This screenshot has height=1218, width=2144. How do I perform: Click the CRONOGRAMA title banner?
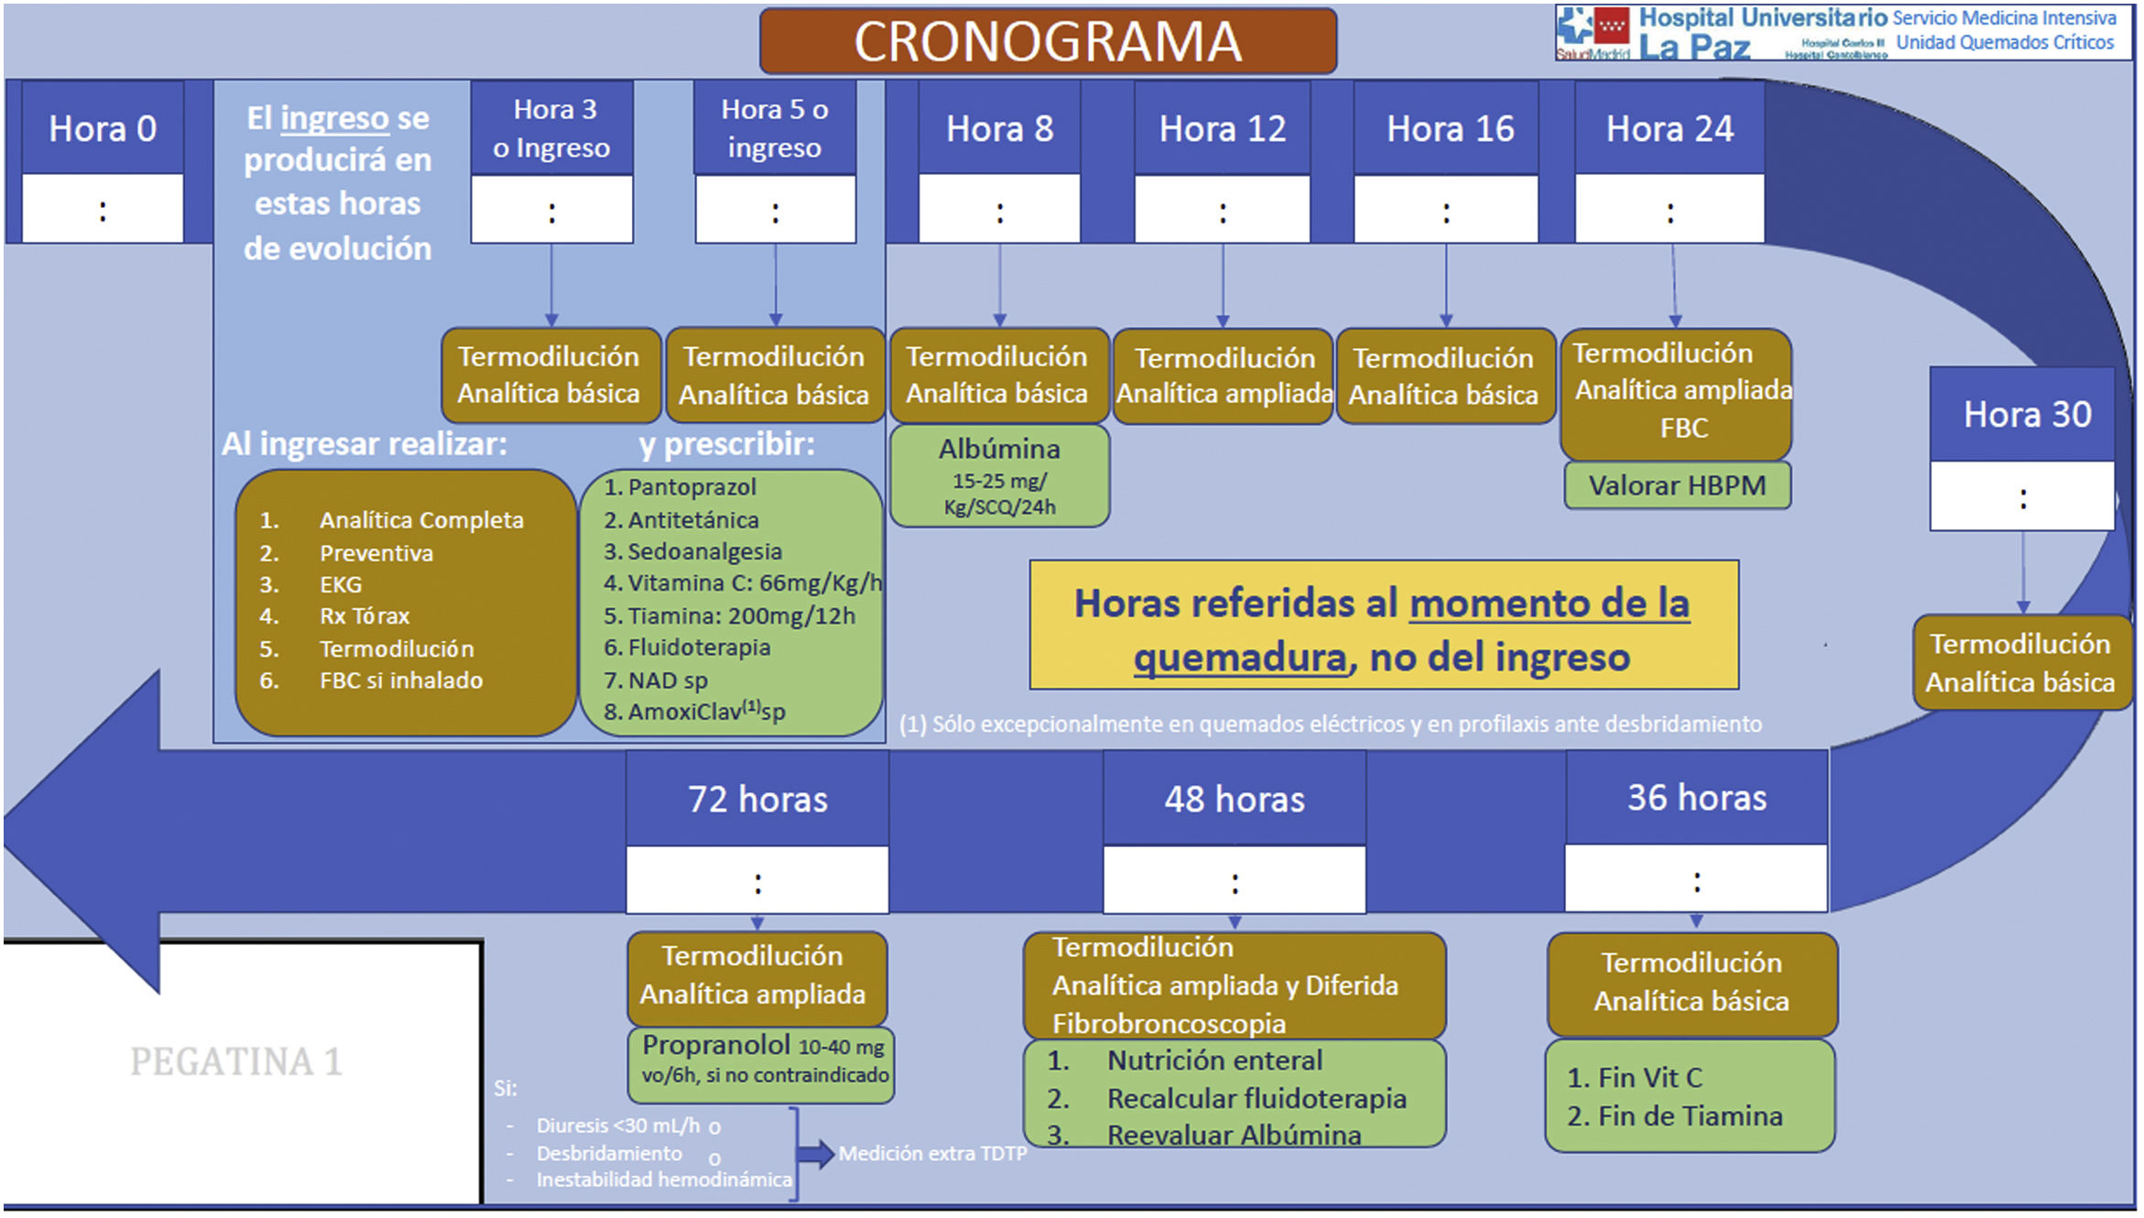[x=1047, y=41]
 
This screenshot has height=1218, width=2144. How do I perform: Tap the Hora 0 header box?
[x=103, y=128]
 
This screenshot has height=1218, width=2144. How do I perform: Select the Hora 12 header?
[x=1222, y=128]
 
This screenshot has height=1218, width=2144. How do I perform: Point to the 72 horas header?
[x=757, y=799]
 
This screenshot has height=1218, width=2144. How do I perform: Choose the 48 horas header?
[x=1234, y=799]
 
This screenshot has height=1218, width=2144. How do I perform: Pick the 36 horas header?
[x=1696, y=798]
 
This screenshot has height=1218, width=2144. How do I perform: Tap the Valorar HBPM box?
[x=1676, y=485]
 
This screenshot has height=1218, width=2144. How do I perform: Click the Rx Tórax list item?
[x=364, y=616]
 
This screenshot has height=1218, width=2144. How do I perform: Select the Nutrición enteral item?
[x=1213, y=1060]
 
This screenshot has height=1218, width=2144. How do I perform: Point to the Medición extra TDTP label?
[x=932, y=1154]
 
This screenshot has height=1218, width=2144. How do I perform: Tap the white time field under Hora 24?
[x=1670, y=211]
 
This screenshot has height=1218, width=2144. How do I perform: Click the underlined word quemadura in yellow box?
[x=1239, y=658]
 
